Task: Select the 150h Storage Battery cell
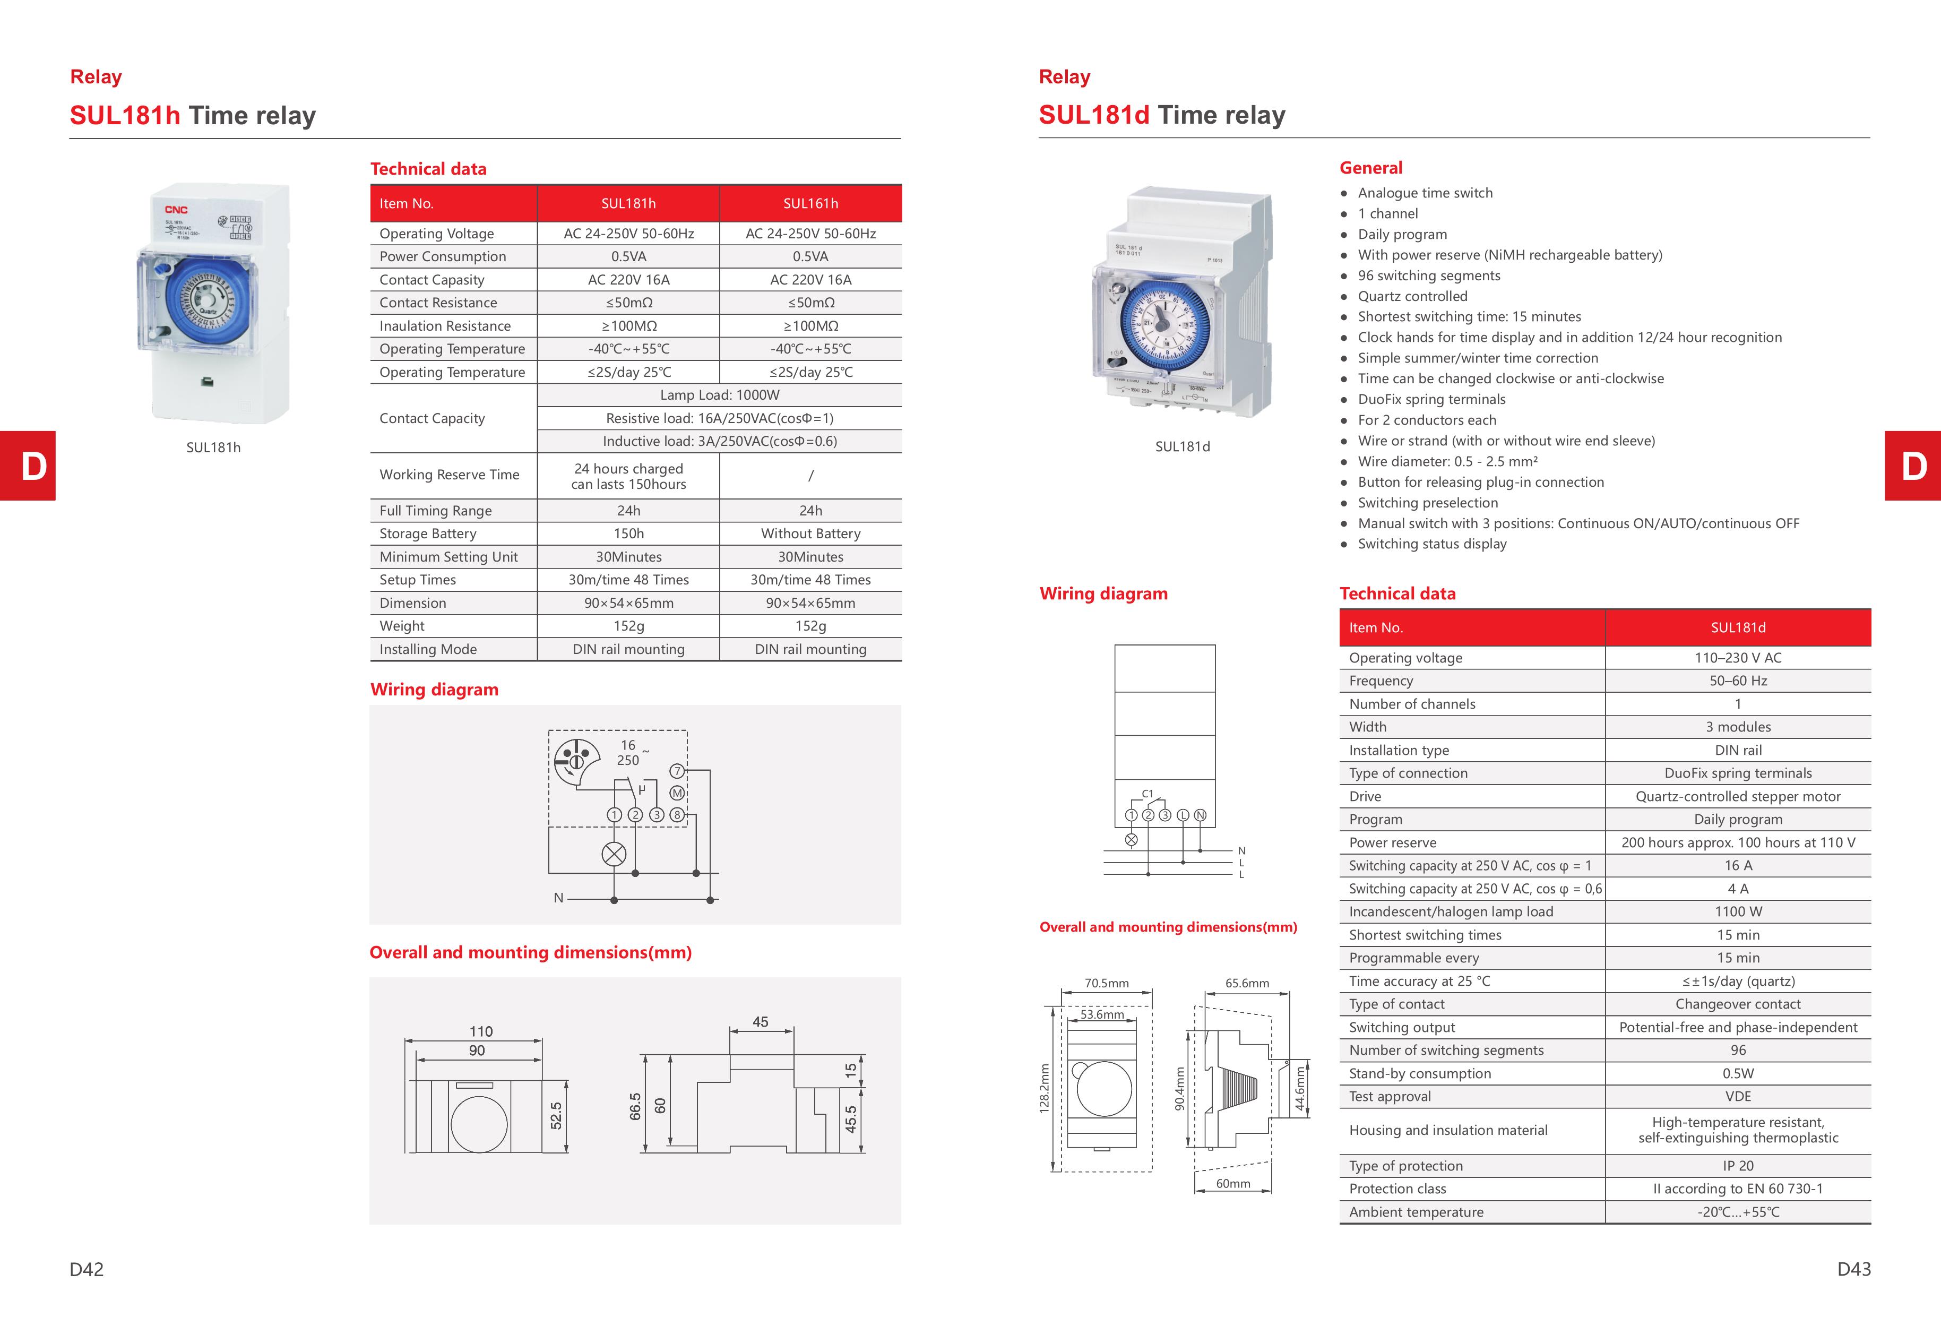click(x=628, y=533)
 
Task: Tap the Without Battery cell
click(x=810, y=533)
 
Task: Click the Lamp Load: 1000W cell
click(x=719, y=395)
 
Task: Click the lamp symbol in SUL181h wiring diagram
click(x=614, y=854)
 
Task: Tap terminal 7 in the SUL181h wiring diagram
click(x=677, y=771)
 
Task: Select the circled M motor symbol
click(x=677, y=793)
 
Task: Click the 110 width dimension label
click(x=481, y=1031)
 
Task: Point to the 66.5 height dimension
click(x=635, y=1107)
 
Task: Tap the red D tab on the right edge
click(x=1912, y=466)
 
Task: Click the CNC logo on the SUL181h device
click(x=176, y=210)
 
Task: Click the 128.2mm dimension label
click(x=1044, y=1088)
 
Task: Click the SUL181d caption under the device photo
click(x=1182, y=447)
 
